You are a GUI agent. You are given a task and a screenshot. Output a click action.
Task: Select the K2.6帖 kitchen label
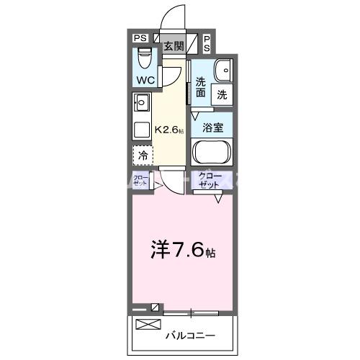coord(168,131)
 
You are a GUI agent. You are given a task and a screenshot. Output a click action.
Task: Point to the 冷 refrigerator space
coord(143,155)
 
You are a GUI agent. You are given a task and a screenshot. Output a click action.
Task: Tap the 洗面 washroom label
coord(200,86)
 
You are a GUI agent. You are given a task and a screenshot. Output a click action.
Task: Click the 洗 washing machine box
coord(222,94)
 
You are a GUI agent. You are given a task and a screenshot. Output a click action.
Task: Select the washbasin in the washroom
coord(222,70)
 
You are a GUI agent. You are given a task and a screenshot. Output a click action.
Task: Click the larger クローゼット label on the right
coord(210,180)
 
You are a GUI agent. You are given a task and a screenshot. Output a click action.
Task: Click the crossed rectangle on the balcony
coord(146,324)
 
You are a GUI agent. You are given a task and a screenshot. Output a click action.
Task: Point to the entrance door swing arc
coord(175,16)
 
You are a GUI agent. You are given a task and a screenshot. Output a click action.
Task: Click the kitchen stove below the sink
coord(140,128)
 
